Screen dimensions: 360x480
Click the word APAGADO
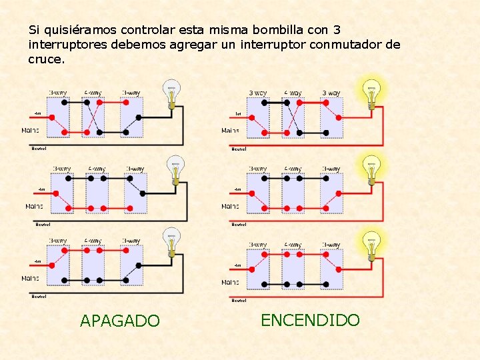120,321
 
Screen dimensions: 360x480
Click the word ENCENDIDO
310,320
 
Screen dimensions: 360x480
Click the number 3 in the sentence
337,30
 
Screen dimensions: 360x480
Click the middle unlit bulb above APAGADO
174,171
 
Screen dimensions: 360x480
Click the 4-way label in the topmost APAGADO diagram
93,93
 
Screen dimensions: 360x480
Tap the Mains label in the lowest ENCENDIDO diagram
231,283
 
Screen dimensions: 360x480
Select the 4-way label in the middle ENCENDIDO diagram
293,169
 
